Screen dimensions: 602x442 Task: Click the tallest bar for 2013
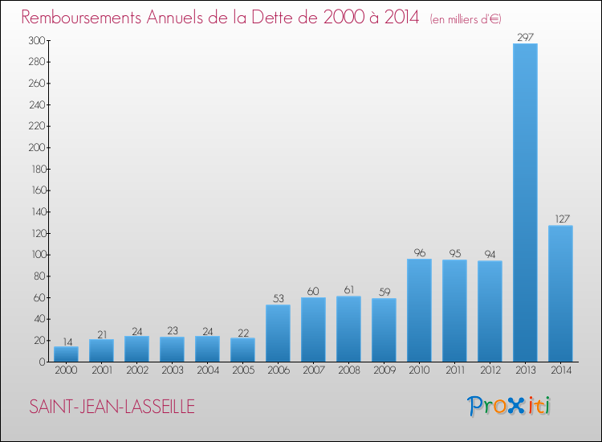tap(525, 203)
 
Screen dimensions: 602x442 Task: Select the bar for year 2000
tap(66, 354)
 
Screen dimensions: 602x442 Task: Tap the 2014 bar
tap(560, 293)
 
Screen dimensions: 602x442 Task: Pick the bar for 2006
tap(278, 334)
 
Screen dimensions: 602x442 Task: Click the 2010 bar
tap(419, 310)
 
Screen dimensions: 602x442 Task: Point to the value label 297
tap(525, 37)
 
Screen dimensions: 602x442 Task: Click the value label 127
tap(562, 219)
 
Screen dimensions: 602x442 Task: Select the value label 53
tap(279, 298)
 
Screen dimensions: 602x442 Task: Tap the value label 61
tap(348, 290)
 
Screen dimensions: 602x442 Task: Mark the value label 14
tap(67, 342)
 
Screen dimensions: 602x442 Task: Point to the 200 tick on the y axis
tap(37, 148)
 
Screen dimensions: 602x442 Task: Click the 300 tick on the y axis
tap(37, 40)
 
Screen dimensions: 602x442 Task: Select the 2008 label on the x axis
tap(349, 370)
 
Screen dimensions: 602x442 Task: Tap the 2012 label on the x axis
tap(490, 370)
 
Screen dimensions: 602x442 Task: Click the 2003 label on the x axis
tap(173, 370)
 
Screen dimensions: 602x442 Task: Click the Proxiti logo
tap(508, 406)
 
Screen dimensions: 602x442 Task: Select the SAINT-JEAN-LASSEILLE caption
tap(112, 407)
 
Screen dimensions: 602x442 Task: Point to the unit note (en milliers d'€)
tap(466, 19)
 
